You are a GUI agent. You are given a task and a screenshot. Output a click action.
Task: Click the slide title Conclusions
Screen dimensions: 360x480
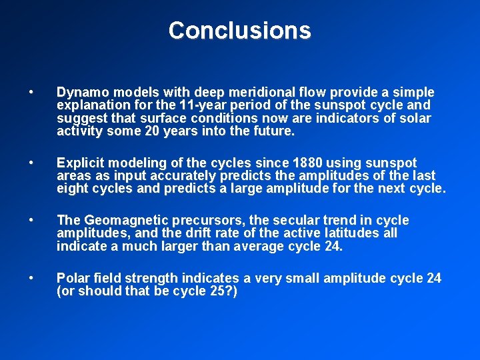tap(239, 31)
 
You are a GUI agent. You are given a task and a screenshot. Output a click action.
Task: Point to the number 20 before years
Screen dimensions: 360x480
tap(151, 131)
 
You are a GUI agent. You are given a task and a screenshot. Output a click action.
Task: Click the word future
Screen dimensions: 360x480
tap(271, 131)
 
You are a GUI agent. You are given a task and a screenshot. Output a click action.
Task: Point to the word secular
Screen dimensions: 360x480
tap(301, 220)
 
